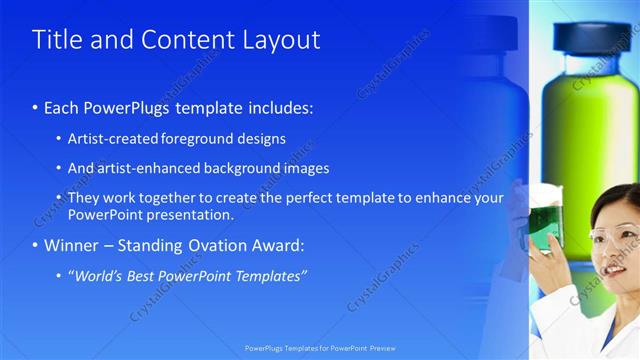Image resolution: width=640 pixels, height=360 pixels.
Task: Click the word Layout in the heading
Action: tap(282, 40)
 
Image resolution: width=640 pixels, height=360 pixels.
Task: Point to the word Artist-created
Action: tap(110, 139)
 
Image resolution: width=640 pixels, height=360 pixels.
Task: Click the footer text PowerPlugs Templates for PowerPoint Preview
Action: tap(319, 349)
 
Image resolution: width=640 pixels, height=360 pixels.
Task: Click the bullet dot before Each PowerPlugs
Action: tap(36, 107)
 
